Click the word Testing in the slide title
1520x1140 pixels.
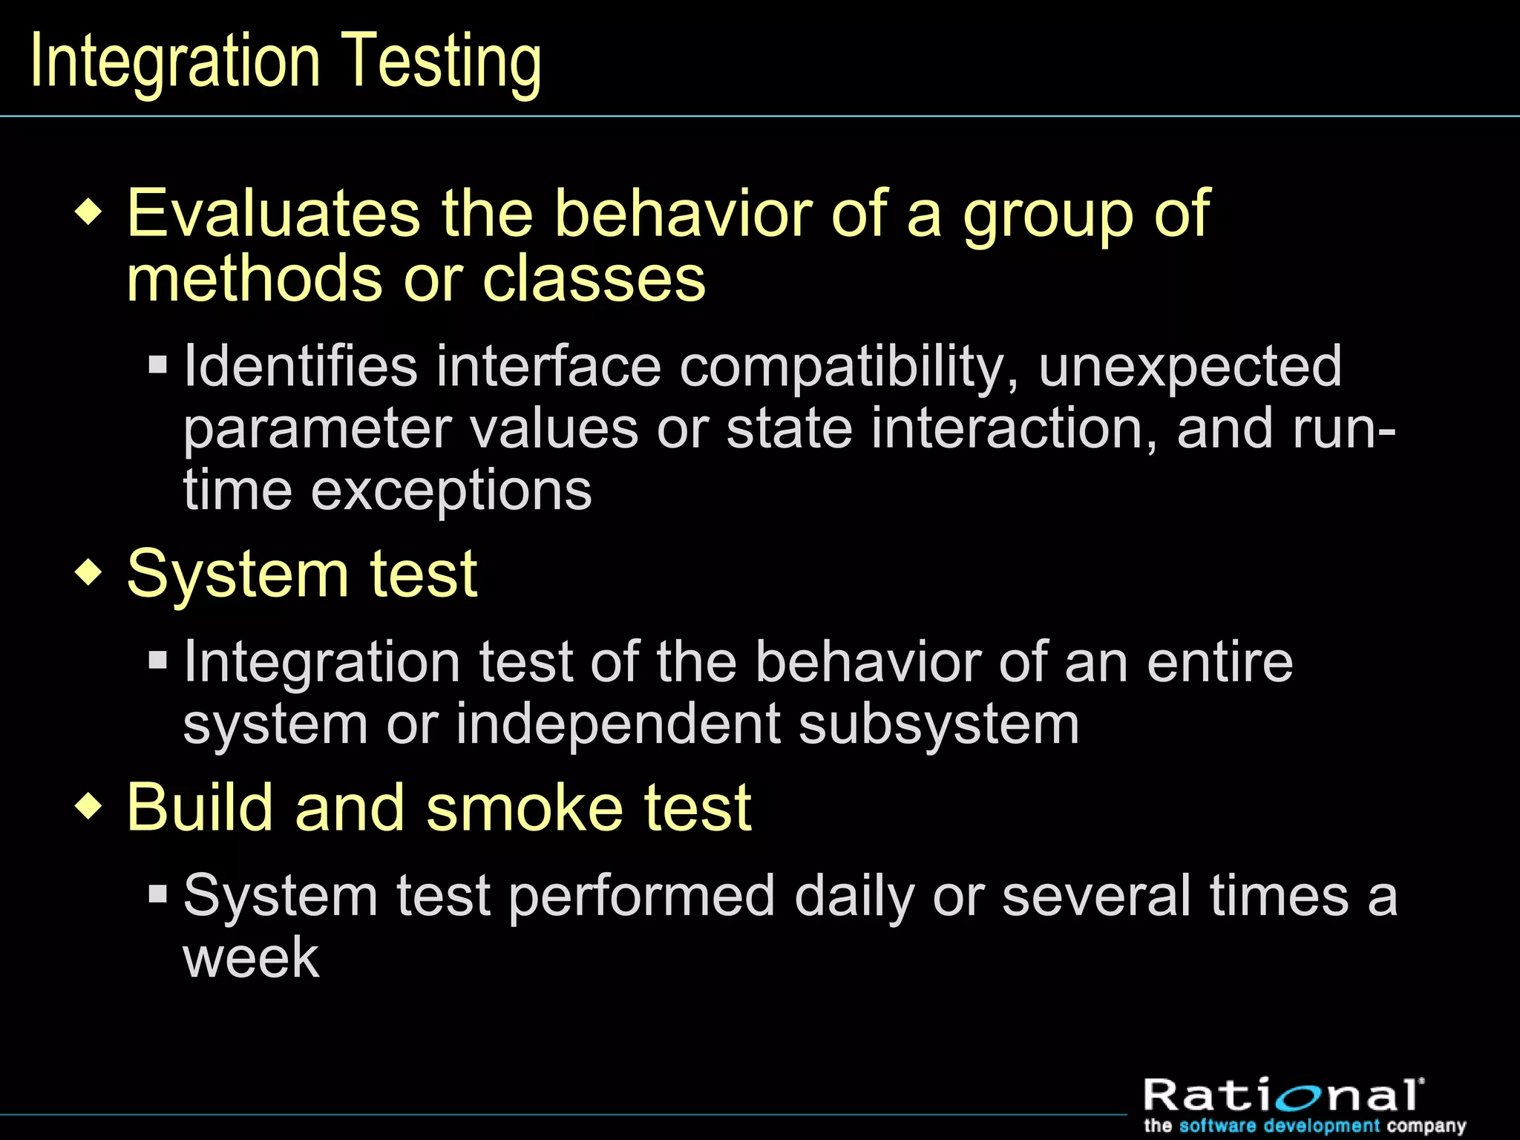pos(442,62)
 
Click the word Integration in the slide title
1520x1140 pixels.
pos(175,62)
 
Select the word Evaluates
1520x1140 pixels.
pos(274,214)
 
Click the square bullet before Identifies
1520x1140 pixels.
pos(158,364)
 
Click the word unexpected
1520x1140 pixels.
pos(1190,367)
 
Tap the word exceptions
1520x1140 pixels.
pos(451,491)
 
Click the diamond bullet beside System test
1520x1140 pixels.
pos(89,574)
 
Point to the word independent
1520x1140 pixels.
pos(617,724)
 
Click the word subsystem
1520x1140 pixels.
pos(939,725)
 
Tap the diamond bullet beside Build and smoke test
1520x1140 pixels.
pos(89,807)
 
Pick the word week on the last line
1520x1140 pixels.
pos(251,957)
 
